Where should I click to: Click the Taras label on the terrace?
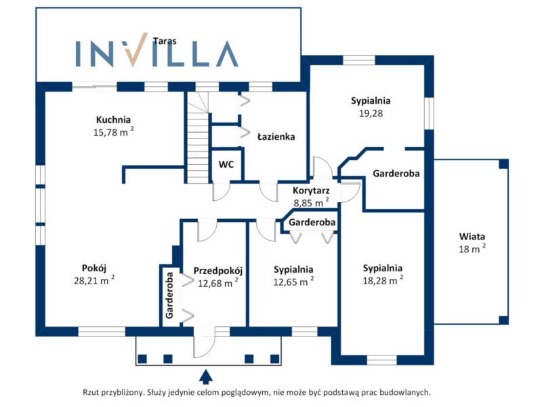pos(165,41)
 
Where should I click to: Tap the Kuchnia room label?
pos(112,120)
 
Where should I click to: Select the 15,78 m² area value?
pos(113,132)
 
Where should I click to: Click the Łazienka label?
pos(276,136)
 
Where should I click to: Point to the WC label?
pos(226,164)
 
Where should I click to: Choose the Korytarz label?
pos(311,190)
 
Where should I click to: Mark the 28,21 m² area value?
pos(93,279)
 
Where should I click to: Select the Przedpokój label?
pos(218,271)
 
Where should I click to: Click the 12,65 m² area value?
pos(293,281)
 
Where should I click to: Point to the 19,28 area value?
pos(371,113)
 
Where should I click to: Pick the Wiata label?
pos(472,237)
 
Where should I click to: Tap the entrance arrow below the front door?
pos(206,375)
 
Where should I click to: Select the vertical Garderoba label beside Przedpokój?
pos(169,295)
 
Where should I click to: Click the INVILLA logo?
pos(157,53)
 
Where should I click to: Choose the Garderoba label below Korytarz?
pos(312,222)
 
